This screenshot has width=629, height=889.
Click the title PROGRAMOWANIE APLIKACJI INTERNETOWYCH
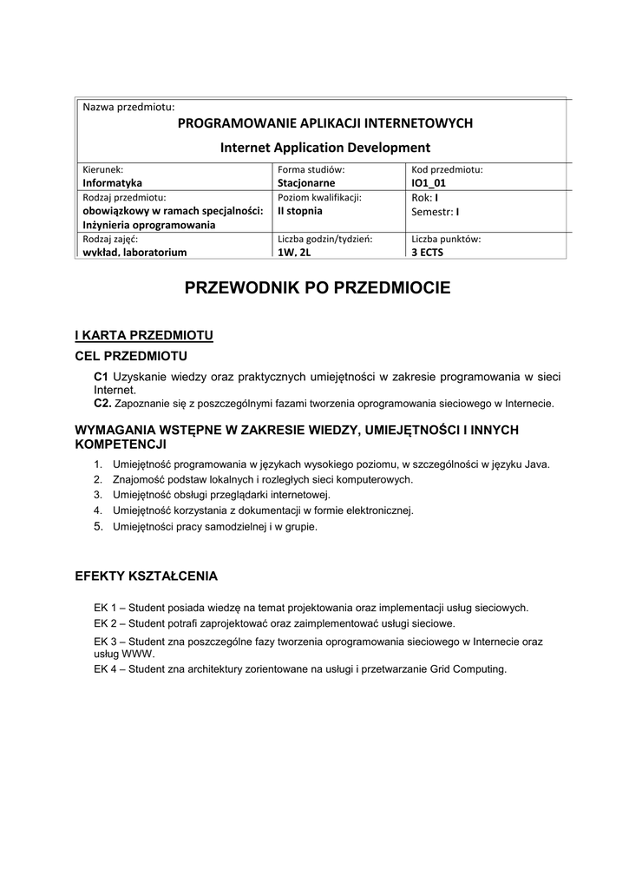(324, 123)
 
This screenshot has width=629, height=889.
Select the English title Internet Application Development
(325, 147)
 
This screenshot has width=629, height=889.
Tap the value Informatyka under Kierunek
(112, 183)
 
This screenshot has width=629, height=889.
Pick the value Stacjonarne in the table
(305, 183)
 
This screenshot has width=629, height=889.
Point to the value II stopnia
(299, 211)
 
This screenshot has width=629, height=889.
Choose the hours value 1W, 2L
(294, 253)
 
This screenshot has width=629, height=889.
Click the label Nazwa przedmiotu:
(128, 107)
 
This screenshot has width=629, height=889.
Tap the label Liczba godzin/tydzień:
(324, 239)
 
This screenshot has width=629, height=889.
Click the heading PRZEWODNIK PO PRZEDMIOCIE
(318, 288)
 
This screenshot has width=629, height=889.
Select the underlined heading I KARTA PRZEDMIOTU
(144, 335)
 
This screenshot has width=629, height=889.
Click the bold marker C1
(101, 377)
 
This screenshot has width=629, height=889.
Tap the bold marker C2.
(102, 404)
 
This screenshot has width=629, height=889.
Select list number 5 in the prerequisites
(98, 526)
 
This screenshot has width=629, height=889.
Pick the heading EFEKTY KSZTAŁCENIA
(147, 576)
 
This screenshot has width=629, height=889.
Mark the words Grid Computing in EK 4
(468, 669)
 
